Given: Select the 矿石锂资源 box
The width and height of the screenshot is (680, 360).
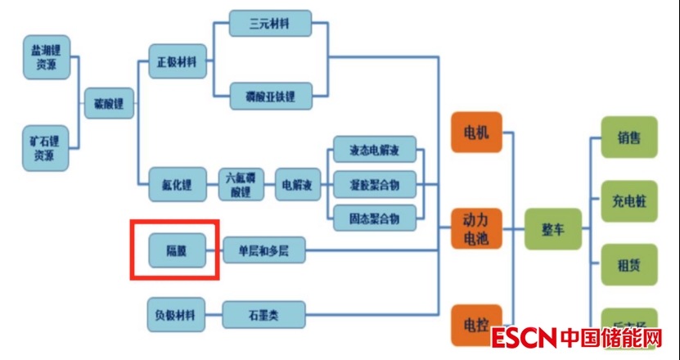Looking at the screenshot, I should point(44,147).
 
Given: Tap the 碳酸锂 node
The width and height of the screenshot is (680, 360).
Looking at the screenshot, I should point(109,105).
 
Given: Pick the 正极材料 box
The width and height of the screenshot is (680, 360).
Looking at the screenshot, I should point(178,61).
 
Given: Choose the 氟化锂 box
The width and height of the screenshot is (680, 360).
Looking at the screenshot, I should point(177,183).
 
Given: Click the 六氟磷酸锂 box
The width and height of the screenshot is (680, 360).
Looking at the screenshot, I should point(241,183).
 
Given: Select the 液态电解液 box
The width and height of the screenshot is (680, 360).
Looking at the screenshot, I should point(375,151).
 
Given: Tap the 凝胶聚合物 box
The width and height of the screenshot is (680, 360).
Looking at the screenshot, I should point(375,184).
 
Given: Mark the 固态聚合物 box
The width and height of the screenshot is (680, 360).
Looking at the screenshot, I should point(375,218).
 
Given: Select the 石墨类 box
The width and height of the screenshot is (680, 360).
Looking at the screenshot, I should point(263,315).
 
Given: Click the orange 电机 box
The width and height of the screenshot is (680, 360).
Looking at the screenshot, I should point(475,132).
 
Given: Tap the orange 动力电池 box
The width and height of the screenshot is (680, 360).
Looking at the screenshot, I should point(475,228).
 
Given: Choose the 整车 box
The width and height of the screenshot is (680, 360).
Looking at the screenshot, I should point(552,228).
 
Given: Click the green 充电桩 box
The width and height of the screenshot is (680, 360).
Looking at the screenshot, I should point(628,200).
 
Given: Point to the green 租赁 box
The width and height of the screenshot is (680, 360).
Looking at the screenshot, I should point(628,264).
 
